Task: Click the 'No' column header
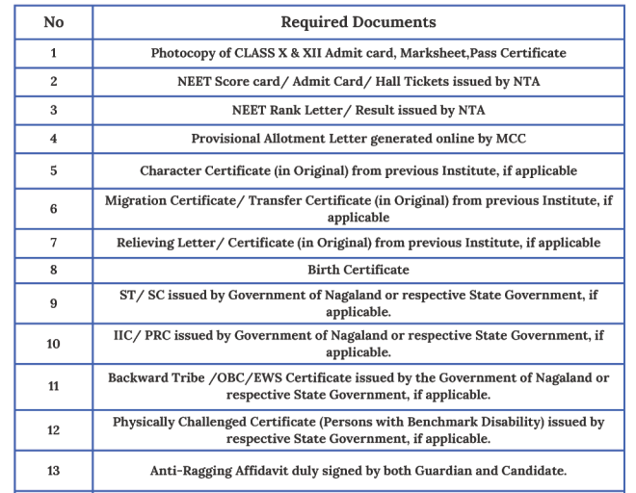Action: click(x=53, y=22)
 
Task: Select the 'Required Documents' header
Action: click(x=358, y=22)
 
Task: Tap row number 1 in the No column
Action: click(x=53, y=53)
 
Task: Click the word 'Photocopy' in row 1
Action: click(x=184, y=53)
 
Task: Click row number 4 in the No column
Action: click(x=53, y=139)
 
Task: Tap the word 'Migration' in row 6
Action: click(x=139, y=200)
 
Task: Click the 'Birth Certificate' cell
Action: click(x=358, y=270)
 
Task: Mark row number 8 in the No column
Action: click(x=53, y=270)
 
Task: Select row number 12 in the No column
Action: click(x=53, y=429)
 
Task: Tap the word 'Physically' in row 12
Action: click(x=146, y=422)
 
